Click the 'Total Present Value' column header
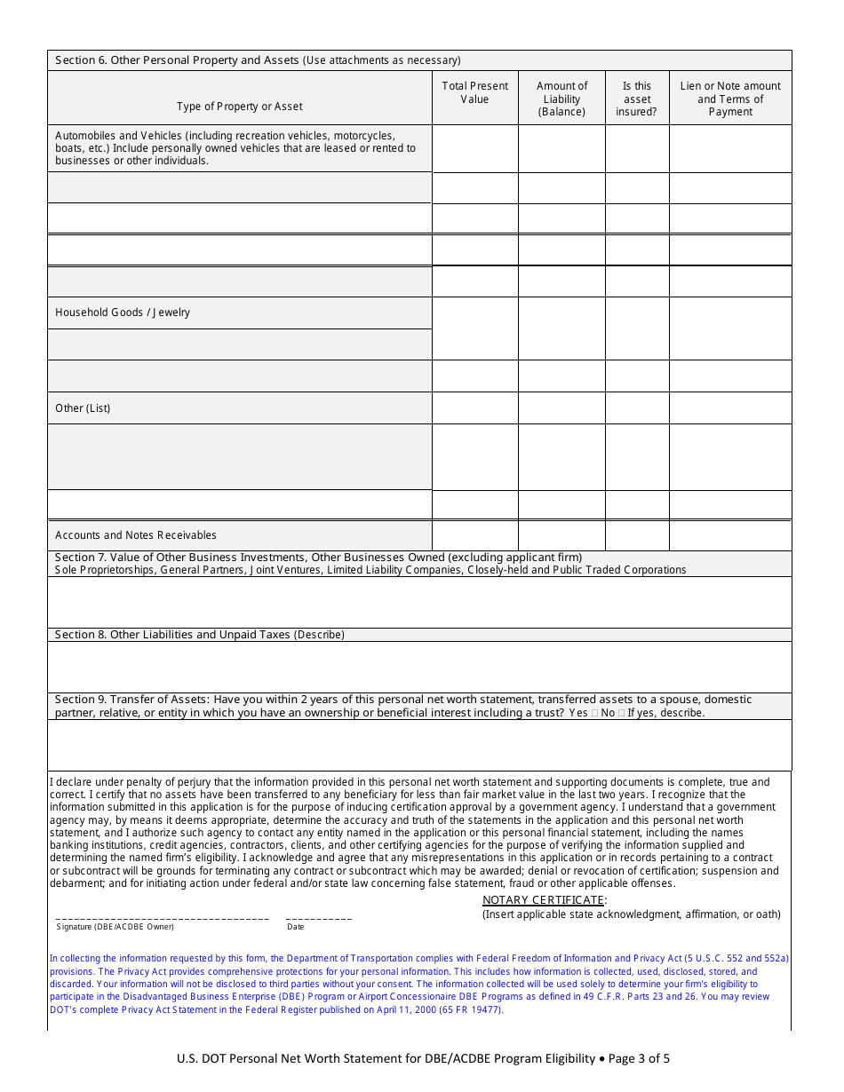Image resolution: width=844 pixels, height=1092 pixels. tap(475, 92)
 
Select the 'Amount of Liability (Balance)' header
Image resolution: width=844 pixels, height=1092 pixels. tap(561, 99)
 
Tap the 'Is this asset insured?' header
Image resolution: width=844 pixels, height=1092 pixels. tap(637, 99)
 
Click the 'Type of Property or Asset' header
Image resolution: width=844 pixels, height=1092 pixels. tap(240, 107)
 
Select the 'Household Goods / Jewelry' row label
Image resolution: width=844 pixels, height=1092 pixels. tap(123, 313)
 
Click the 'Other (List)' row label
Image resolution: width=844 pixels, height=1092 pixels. tap(83, 408)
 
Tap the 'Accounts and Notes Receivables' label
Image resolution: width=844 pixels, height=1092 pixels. tap(136, 535)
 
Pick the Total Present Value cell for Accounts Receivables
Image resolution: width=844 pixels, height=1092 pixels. tap(475, 535)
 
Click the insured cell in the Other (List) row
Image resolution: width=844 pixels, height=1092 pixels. tap(637, 408)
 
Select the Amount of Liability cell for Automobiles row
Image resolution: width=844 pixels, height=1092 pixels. tap(561, 148)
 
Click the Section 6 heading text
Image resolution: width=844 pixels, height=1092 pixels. tap(258, 60)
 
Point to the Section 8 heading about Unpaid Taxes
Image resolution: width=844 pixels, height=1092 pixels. tap(200, 635)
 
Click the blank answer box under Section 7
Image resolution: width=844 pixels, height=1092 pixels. tap(419, 602)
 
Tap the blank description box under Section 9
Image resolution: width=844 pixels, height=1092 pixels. tap(419, 744)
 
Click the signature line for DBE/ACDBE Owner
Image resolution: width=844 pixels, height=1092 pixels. tap(163, 917)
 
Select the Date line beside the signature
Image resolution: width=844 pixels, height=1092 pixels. tap(319, 917)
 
